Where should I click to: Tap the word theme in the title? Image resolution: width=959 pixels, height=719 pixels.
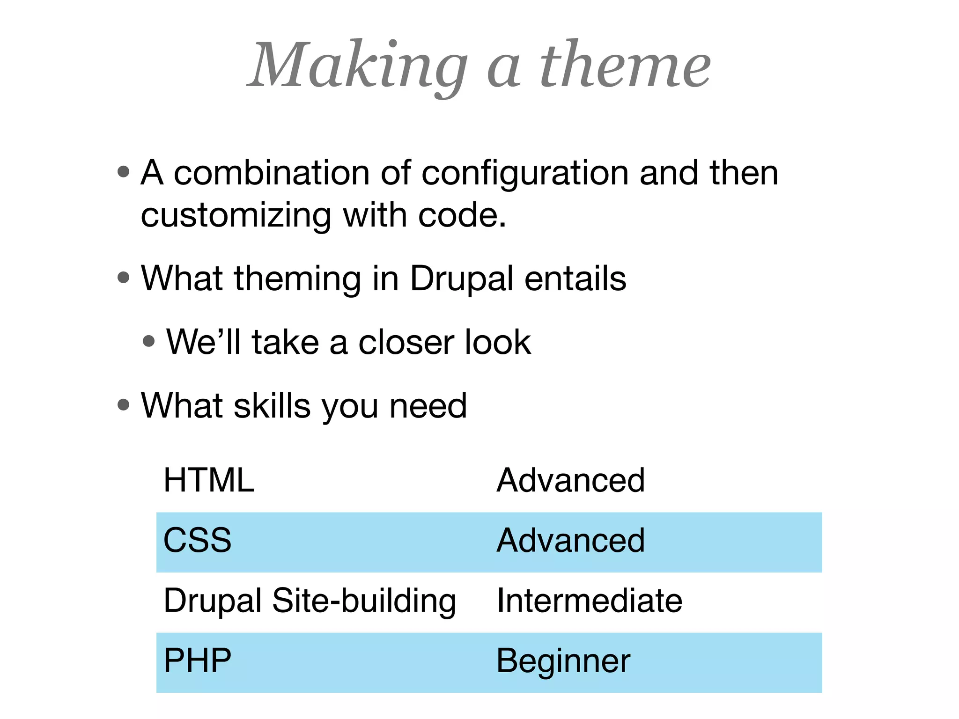click(x=625, y=66)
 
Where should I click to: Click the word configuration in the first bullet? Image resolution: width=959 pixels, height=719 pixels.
click(x=524, y=173)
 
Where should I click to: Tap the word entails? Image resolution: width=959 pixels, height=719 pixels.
click(x=575, y=279)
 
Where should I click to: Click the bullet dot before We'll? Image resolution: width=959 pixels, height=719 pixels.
click(x=149, y=341)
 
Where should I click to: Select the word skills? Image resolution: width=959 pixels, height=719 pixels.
click(x=272, y=405)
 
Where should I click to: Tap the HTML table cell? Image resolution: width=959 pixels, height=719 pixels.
click(x=209, y=481)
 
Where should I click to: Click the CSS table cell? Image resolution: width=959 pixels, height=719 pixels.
click(x=197, y=541)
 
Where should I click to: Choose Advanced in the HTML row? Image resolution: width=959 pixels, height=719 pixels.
click(x=570, y=481)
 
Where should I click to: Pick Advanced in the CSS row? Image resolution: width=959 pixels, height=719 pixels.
click(x=570, y=541)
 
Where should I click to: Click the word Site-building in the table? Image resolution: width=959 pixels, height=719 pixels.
click(x=364, y=601)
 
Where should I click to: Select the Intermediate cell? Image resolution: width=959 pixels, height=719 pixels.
click(x=589, y=601)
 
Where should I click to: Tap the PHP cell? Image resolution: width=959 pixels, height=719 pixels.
click(x=197, y=661)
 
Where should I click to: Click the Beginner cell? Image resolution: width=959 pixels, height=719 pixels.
click(x=563, y=661)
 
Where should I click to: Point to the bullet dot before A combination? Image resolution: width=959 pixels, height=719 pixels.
click(x=124, y=172)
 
